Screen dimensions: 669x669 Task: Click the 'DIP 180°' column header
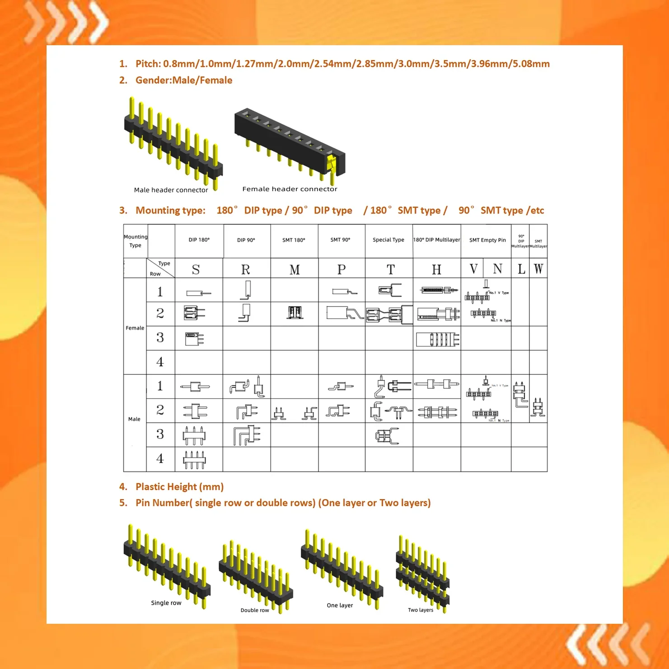pos(199,240)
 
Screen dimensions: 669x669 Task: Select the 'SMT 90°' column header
pos(340,240)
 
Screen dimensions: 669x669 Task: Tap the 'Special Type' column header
pos(388,240)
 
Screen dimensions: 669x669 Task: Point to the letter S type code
pos(196,270)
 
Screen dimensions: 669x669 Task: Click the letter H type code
pos(436,270)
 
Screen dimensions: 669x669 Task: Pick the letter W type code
pos(538,269)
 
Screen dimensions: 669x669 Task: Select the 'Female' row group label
pos(135,328)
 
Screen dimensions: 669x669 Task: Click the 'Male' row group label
pos(134,419)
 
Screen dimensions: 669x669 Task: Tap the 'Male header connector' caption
pos(171,190)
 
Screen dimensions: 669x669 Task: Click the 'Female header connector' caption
pos(290,189)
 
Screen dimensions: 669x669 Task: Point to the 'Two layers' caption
pos(421,610)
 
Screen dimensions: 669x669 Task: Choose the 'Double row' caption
pos(255,610)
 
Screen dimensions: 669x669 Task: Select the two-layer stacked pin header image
pos(422,572)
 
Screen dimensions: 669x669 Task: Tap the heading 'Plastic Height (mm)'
pos(179,487)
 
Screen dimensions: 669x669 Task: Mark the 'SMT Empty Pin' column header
pos(487,240)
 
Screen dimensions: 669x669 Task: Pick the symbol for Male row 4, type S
pos(194,459)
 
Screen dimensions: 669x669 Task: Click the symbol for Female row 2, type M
pos(295,313)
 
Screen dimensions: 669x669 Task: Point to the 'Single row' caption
pos(166,603)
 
